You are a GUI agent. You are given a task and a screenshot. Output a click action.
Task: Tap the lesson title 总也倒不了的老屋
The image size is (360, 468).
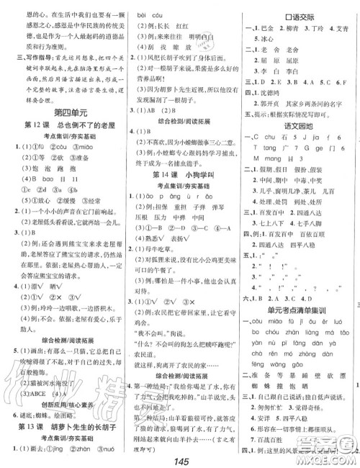[x=72, y=127]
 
